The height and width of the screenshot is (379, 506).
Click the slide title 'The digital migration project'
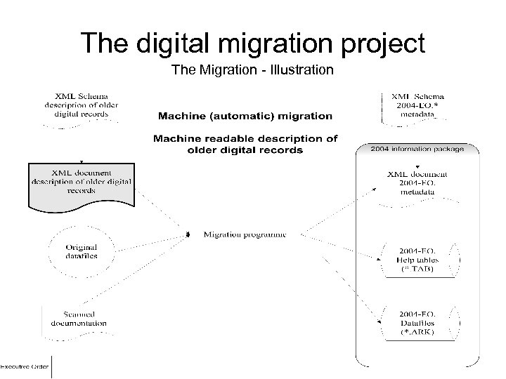252,44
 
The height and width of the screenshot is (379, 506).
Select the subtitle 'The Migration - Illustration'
252,71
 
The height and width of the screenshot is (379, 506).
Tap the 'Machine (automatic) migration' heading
245,115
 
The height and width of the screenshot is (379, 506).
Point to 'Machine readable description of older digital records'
245,144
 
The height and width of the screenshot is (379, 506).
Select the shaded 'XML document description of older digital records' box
81,181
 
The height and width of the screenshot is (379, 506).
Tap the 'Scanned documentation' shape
78,319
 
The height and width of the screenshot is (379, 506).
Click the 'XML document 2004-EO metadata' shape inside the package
417,182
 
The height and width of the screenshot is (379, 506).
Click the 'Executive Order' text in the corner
24,366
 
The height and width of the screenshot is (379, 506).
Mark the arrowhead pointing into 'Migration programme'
189,234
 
